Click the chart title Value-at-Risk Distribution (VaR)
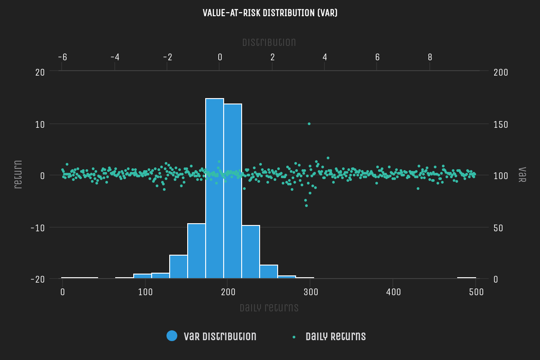click(270, 13)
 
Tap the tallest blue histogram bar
click(215, 189)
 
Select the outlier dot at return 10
click(309, 124)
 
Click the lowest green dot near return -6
click(306, 206)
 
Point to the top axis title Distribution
click(269, 43)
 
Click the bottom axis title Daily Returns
click(269, 308)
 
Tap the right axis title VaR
click(522, 175)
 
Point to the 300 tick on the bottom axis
click(310, 292)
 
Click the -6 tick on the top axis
click(63, 57)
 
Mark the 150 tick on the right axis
click(501, 124)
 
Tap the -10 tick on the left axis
click(37, 227)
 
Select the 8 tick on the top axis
click(430, 57)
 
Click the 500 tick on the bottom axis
click(476, 292)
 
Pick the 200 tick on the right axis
click(501, 72)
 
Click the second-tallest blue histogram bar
click(233, 191)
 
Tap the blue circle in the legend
click(172, 336)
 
